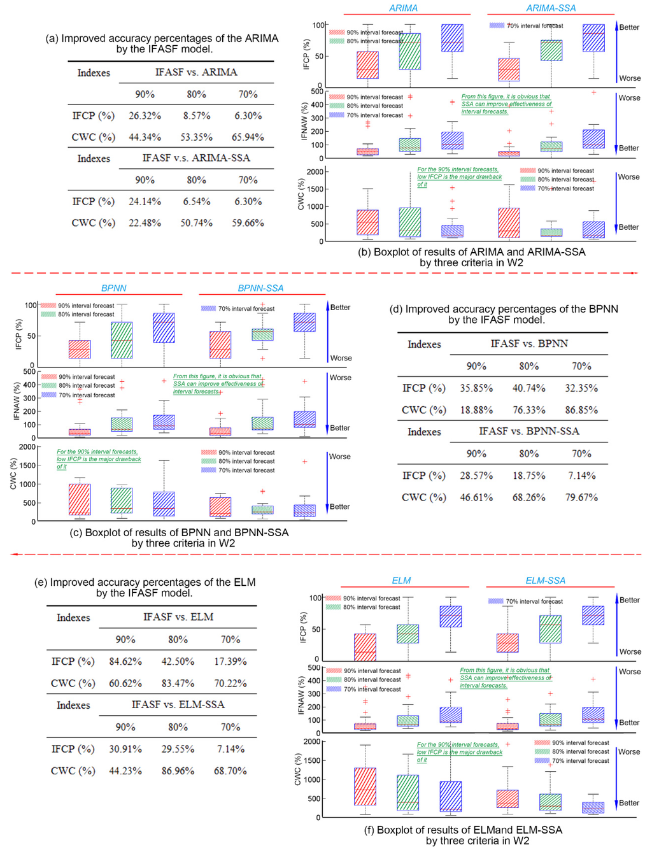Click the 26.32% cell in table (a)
[x=145, y=116]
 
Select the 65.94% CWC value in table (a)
[x=248, y=137]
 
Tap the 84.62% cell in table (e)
[x=125, y=662]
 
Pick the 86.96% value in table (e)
[x=178, y=770]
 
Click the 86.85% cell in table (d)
[x=581, y=410]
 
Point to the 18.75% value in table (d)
[x=528, y=476]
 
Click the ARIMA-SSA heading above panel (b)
[x=551, y=8]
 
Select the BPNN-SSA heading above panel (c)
[x=260, y=288]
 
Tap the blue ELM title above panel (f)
[x=401, y=581]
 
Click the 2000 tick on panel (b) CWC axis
[x=315, y=173]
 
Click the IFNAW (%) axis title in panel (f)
[x=301, y=695]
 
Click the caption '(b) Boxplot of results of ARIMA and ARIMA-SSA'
[x=471, y=252]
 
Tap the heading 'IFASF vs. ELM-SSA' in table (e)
[x=178, y=705]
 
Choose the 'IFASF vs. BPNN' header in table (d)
[x=529, y=344]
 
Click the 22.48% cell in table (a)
[x=145, y=223]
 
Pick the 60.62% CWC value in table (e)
[x=125, y=683]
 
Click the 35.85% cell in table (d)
[x=476, y=388]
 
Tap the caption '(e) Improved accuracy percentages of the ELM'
[x=145, y=582]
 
